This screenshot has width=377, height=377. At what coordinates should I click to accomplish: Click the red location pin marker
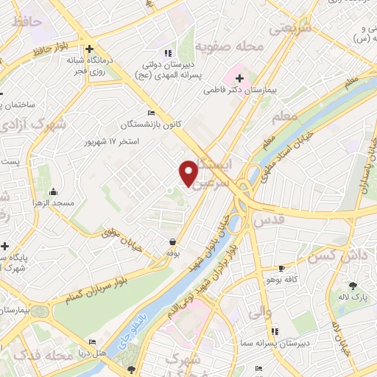[188, 173]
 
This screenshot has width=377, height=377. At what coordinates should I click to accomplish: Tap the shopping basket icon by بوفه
[173, 242]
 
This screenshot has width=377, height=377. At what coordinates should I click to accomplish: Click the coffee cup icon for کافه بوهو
[281, 269]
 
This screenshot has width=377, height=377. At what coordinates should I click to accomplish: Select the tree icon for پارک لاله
[353, 286]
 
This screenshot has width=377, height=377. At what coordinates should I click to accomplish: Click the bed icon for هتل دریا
[92, 342]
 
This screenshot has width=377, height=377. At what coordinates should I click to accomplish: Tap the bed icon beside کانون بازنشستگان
[151, 113]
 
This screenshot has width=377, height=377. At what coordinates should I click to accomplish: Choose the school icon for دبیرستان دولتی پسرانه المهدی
[167, 53]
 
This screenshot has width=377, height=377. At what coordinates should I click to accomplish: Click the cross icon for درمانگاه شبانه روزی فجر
[88, 49]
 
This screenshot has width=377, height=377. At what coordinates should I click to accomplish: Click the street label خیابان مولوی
[119, 235]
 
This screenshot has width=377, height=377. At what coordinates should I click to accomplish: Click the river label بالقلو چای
[130, 322]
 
